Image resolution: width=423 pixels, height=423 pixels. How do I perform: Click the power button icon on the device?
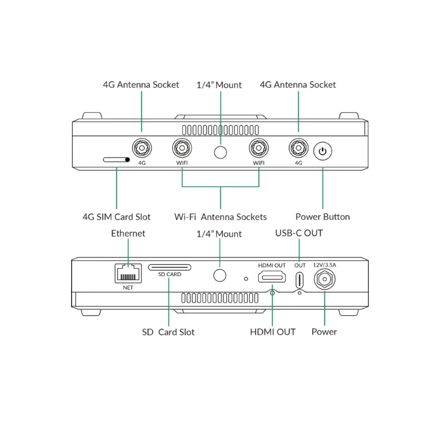pyautogui.click(x=323, y=151)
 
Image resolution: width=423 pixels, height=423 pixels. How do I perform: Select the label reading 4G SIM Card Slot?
pyautogui.click(x=116, y=217)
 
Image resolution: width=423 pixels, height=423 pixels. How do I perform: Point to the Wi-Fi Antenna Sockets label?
pyautogui.click(x=220, y=217)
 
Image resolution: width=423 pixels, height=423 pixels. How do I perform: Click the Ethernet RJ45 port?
pyautogui.click(x=127, y=273)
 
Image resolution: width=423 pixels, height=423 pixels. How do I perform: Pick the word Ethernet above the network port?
pyautogui.click(x=128, y=233)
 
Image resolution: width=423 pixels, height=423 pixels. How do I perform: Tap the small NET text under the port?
pyautogui.click(x=127, y=287)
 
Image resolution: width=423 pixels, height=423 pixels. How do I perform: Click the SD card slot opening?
pyautogui.click(x=169, y=267)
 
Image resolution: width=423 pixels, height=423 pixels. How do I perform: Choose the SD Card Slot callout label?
pyautogui.click(x=168, y=332)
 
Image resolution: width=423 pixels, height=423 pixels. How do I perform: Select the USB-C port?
pyautogui.click(x=299, y=279)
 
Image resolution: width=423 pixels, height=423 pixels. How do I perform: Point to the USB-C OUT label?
pyautogui.click(x=299, y=233)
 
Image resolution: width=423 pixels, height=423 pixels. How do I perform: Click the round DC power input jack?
pyautogui.click(x=324, y=279)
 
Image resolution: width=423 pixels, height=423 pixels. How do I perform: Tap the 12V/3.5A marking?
pyautogui.click(x=324, y=265)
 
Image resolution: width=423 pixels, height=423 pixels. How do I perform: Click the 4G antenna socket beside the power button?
pyautogui.click(x=299, y=148)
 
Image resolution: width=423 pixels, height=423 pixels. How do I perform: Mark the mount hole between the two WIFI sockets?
pyautogui.click(x=220, y=151)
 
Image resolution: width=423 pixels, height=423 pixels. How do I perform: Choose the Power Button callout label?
pyautogui.click(x=322, y=217)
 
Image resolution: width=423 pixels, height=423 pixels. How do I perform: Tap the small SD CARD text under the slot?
pyautogui.click(x=169, y=275)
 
